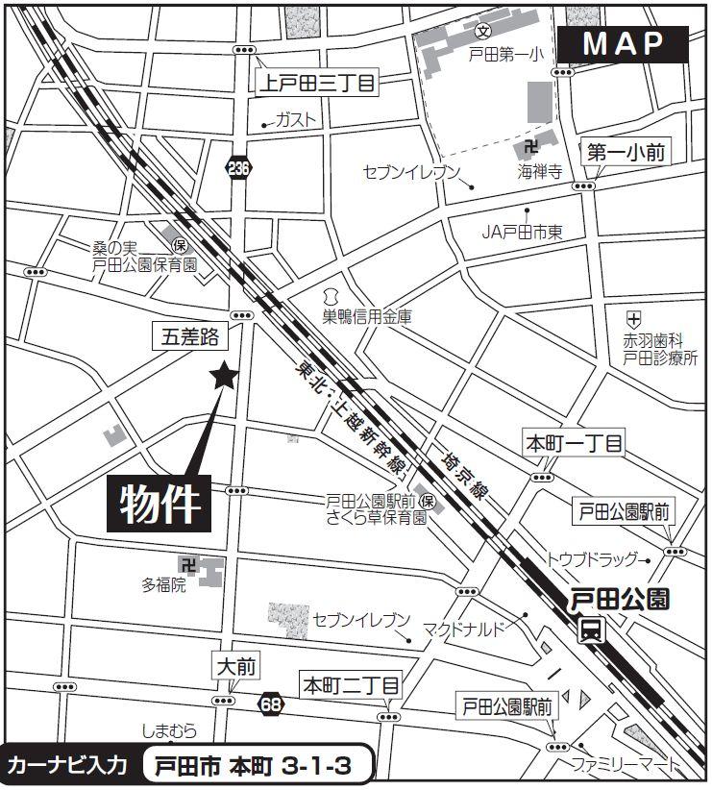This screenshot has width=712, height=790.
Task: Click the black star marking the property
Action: (224, 376)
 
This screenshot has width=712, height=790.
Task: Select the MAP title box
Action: (624, 43)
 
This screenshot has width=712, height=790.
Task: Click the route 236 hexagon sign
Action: (238, 169)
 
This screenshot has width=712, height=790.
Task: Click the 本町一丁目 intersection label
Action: (574, 443)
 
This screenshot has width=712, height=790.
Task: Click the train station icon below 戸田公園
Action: (591, 630)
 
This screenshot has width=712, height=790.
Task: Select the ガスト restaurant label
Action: (295, 121)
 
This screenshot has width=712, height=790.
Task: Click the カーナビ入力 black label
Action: (67, 767)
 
